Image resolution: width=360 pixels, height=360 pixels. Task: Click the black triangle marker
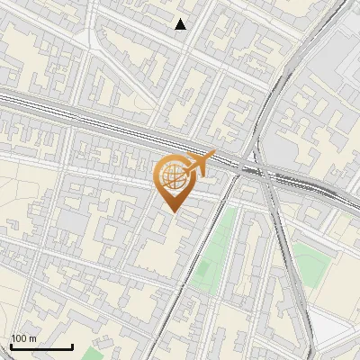tap(181, 24)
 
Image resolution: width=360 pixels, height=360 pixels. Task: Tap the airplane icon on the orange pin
tap(197, 162)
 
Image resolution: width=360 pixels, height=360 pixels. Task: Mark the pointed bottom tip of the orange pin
tap(173, 211)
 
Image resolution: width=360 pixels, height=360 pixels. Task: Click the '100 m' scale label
tap(24, 338)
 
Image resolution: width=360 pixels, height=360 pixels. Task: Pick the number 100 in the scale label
tap(20, 338)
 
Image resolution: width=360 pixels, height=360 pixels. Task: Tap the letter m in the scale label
tap(33, 339)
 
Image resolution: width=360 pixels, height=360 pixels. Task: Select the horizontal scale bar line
tap(40, 346)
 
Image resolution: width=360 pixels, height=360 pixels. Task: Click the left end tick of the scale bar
tap(10, 345)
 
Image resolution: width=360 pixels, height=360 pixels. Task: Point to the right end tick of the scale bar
tap(72, 345)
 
